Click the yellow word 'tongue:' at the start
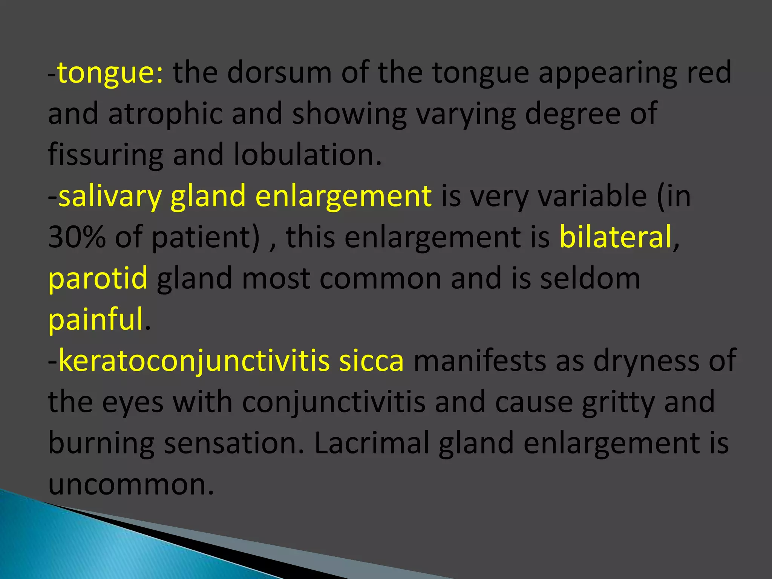[x=110, y=72]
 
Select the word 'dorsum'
[x=279, y=72]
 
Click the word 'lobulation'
[x=304, y=155]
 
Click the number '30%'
[x=77, y=237]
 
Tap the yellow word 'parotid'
[x=98, y=278]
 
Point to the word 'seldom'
[x=590, y=278]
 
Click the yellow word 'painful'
[x=96, y=319]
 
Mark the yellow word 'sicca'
[x=371, y=361]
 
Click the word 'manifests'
[x=479, y=361]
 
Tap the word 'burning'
[x=101, y=443]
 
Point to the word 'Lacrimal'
[x=371, y=443]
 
